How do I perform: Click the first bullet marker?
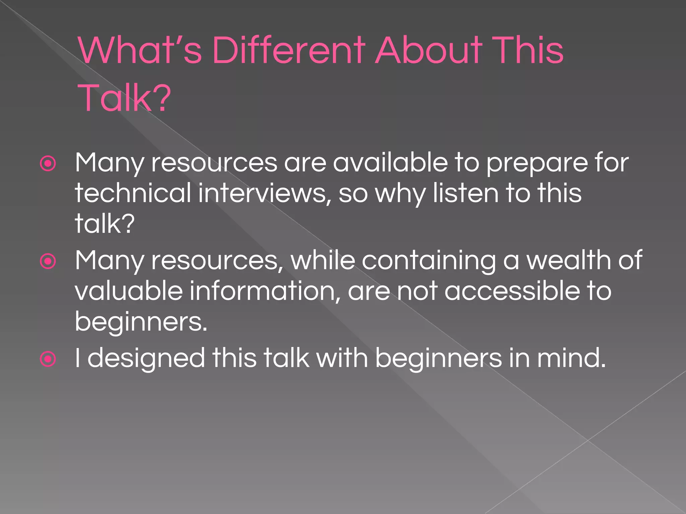[48, 164]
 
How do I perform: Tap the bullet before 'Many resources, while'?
[48, 261]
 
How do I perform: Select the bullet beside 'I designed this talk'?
[48, 359]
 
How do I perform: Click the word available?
[390, 163]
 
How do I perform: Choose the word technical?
[133, 193]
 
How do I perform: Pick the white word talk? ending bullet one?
[105, 224]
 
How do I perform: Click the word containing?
[429, 261]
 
